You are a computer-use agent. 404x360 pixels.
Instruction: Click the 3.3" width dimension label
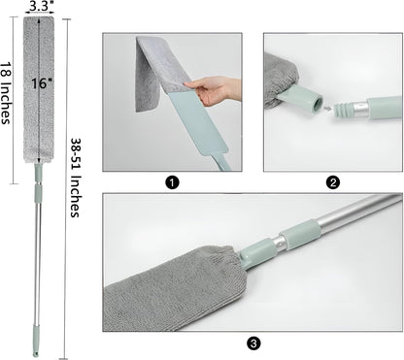point(40,7)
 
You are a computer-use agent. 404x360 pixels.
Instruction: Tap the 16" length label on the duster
point(42,83)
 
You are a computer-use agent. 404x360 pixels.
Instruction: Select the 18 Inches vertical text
point(5,93)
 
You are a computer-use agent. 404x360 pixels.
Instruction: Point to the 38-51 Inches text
point(75,178)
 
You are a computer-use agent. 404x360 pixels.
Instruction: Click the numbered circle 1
point(172,183)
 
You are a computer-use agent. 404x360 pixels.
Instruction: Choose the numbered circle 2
point(333,183)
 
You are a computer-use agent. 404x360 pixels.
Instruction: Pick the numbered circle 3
point(253,344)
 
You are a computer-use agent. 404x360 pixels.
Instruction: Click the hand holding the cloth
point(214,90)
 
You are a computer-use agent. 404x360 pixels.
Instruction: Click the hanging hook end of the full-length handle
point(36,353)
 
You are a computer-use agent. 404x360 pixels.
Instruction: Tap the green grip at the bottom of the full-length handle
point(36,338)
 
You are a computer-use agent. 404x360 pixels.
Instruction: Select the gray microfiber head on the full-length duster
point(39,90)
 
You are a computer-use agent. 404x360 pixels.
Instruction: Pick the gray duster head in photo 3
point(173,289)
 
